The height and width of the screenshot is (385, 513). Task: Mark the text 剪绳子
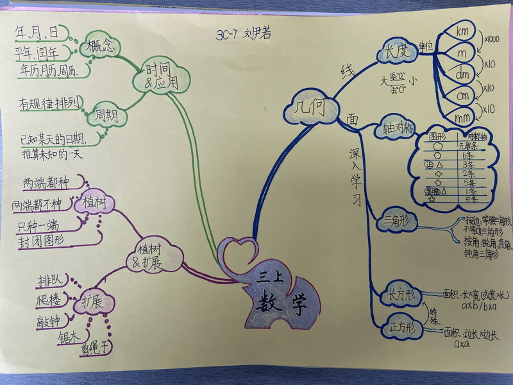96,350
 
